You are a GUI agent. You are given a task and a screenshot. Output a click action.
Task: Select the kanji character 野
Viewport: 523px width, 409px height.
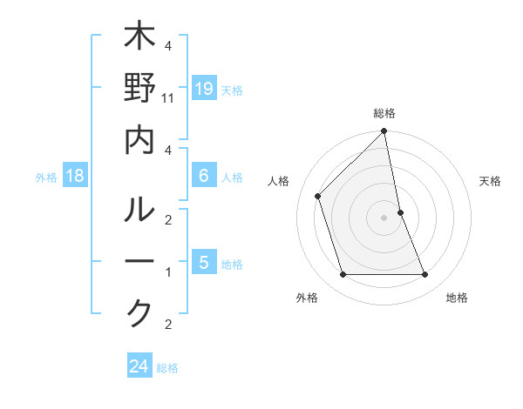139,90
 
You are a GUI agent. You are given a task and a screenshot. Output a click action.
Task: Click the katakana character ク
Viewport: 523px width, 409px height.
139,312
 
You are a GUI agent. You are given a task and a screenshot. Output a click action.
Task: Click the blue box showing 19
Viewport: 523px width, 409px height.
204,89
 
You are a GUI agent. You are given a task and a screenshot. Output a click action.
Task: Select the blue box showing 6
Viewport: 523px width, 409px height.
204,176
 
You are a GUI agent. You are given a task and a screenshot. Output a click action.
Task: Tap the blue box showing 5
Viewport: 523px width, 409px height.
204,262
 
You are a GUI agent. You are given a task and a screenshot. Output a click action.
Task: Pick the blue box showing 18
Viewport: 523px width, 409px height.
75,177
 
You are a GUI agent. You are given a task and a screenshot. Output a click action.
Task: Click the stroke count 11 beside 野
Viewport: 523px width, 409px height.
169,98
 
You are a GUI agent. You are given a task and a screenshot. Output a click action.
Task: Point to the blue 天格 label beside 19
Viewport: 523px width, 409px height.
232,91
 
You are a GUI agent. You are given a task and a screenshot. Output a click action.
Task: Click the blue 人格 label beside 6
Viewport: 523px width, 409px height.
232,178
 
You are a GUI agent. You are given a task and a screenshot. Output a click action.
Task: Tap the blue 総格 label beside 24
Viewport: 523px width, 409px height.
168,368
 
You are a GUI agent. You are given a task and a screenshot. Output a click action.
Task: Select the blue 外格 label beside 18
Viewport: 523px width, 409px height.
46,178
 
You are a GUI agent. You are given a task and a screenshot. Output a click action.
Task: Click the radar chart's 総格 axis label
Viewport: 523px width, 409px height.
384,114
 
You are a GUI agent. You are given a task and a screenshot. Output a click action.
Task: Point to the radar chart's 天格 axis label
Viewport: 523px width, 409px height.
490,181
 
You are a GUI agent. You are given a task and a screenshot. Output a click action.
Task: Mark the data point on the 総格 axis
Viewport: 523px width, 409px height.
384,132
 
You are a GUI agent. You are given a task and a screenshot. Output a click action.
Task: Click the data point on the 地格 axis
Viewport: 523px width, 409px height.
425,275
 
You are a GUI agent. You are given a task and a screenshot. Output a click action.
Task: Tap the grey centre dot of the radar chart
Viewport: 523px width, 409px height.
384,218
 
